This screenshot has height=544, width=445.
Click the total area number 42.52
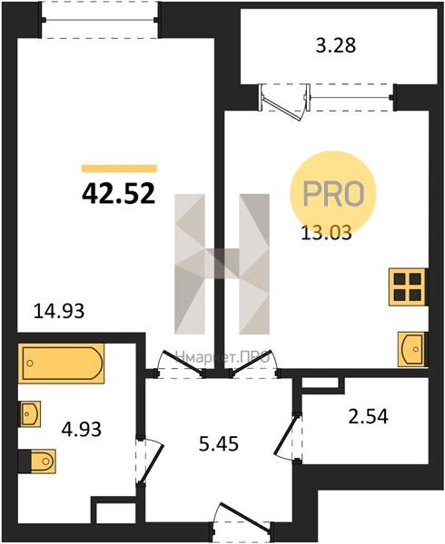click(x=118, y=194)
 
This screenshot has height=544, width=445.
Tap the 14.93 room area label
click(x=59, y=311)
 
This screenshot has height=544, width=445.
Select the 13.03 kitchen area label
click(x=326, y=232)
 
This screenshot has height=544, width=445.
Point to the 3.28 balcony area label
click(x=336, y=45)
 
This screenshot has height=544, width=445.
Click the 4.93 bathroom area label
click(x=82, y=429)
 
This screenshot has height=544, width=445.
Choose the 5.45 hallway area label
click(x=219, y=443)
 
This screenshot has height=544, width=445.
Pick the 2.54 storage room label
click(x=368, y=416)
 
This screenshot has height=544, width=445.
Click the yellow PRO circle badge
click(x=333, y=193)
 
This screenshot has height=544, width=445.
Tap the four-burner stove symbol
click(x=407, y=287)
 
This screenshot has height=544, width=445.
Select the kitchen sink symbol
click(x=411, y=349)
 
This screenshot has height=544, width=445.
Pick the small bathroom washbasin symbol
click(x=30, y=414)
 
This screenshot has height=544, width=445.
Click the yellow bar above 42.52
click(x=119, y=169)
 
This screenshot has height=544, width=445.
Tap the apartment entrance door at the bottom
click(x=242, y=519)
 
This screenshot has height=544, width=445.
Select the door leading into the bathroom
click(x=149, y=461)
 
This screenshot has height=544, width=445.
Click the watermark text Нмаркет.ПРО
click(x=222, y=357)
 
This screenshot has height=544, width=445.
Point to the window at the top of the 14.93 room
click(x=100, y=19)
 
